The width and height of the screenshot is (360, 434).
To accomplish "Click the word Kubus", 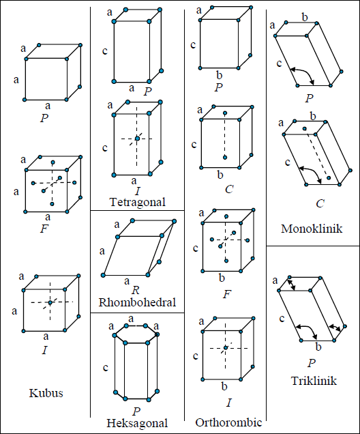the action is (46, 393).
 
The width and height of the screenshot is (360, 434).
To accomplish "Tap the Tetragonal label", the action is (138, 203).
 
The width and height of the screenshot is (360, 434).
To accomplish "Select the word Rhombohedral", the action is (137, 302).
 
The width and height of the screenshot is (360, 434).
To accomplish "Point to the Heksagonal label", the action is (137, 423).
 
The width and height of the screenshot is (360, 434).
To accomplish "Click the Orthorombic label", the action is (228, 422).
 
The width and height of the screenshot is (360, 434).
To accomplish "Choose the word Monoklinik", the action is (312, 229).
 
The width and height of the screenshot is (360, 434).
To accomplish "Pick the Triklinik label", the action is (314, 381).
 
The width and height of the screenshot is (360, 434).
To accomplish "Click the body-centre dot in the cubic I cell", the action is (50, 302).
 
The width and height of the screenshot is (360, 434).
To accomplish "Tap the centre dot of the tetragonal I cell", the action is (137, 139).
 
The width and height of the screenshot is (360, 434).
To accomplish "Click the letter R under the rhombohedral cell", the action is (136, 290).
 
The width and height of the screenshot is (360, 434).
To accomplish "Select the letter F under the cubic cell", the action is (44, 229).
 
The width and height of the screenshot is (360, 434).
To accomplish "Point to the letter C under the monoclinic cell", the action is (320, 204).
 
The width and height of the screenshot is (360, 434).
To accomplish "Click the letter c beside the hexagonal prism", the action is (106, 368).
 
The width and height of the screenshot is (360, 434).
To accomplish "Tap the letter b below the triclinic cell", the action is (318, 347).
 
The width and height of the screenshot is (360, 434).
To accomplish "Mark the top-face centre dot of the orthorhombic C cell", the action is (225, 113).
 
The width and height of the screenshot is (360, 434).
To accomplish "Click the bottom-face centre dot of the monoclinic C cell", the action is (329, 177).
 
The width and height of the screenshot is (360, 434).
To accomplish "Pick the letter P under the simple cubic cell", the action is (44, 119).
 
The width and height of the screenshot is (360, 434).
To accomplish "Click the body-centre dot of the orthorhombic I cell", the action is (226, 347).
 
